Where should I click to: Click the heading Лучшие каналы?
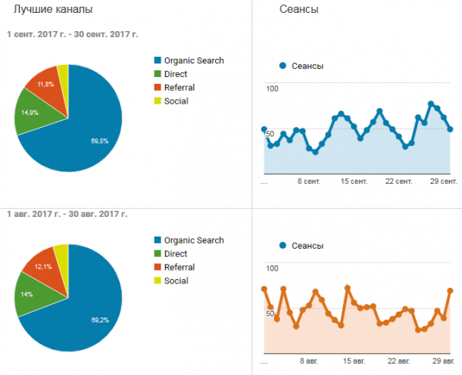[x=53, y=9]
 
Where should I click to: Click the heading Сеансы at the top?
[x=298, y=9]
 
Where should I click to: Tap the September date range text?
[x=73, y=35]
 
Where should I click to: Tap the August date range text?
[x=67, y=214]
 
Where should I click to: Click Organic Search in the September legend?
[x=194, y=60]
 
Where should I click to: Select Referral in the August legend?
[x=179, y=268]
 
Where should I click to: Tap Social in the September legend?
[x=176, y=101]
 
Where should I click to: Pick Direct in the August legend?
[x=176, y=254]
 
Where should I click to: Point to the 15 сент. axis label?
[x=354, y=181]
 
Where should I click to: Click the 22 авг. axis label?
[x=398, y=361]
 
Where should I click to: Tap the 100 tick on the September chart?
[x=272, y=88]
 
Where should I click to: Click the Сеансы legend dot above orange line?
[x=283, y=245]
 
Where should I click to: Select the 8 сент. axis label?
[x=309, y=181]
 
